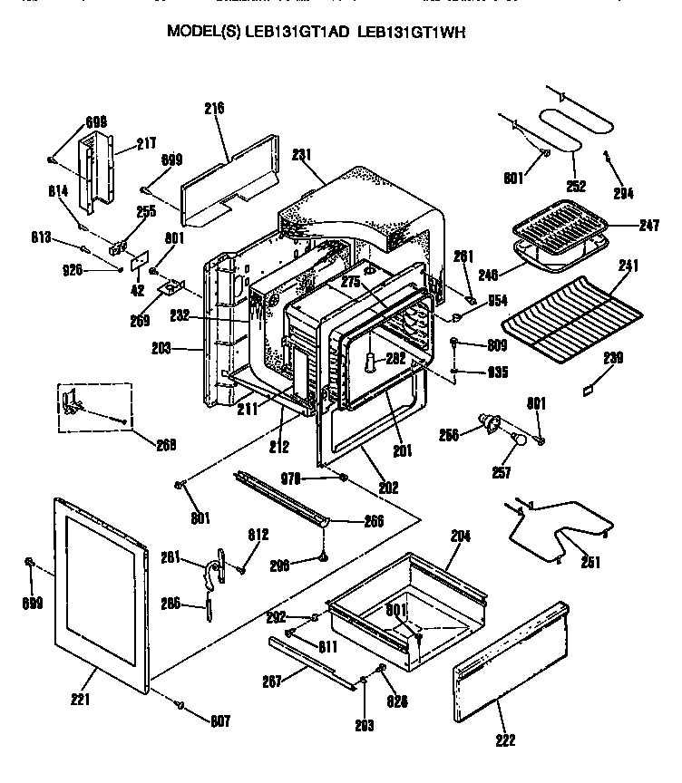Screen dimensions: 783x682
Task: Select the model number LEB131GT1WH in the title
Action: pyautogui.click(x=417, y=31)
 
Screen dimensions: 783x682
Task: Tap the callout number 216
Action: pyautogui.click(x=214, y=108)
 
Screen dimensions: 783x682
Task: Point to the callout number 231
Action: pyautogui.click(x=302, y=155)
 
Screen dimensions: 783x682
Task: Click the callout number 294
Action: pyautogui.click(x=623, y=192)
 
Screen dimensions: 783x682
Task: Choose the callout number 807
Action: pyautogui.click(x=219, y=721)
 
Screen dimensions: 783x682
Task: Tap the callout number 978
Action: pyautogui.click(x=315, y=478)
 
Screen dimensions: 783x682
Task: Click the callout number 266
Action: pyautogui.click(x=372, y=521)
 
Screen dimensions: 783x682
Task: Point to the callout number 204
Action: pyautogui.click(x=461, y=536)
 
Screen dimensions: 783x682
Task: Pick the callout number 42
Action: pyautogui.click(x=137, y=291)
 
